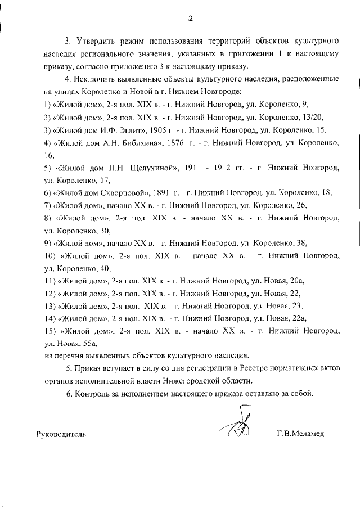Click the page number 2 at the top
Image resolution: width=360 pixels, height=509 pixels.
coord(191,17)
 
